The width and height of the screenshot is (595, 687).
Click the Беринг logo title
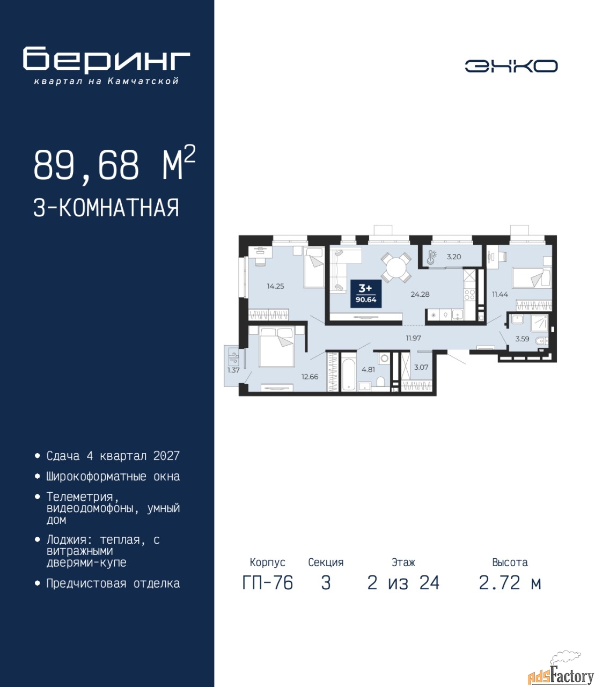coord(106,60)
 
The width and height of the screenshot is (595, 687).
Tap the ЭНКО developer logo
coord(511,66)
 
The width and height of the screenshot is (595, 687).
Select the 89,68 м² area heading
coord(114,164)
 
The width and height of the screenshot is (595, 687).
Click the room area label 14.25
coord(275,286)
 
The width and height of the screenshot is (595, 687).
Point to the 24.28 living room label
coord(420,294)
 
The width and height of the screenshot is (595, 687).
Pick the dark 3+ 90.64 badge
coord(366,294)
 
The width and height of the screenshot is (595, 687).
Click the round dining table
coord(396,267)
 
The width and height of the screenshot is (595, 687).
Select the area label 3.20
coord(454,257)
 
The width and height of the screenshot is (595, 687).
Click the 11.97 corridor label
coord(413,338)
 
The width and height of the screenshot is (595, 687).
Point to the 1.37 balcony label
coord(233,370)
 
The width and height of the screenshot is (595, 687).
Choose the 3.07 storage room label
coord(421,367)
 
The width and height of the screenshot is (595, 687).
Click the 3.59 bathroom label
coord(522,339)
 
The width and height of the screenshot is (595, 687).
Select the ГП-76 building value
coord(268,583)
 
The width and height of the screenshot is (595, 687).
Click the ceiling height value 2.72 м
coord(510,583)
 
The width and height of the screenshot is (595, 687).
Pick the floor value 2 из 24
coord(403,583)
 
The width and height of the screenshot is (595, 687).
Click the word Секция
coord(326,562)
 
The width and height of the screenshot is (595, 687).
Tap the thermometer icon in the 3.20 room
coord(431,257)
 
